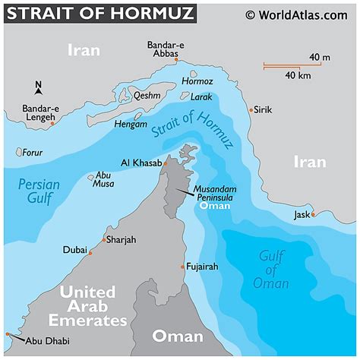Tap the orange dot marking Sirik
pyautogui.click(x=251, y=110)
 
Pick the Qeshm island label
pyautogui.click(x=147, y=96)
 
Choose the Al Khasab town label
pyautogui.click(x=141, y=163)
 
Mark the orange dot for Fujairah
pyautogui.click(x=182, y=267)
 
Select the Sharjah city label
pyautogui.click(x=122, y=240)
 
